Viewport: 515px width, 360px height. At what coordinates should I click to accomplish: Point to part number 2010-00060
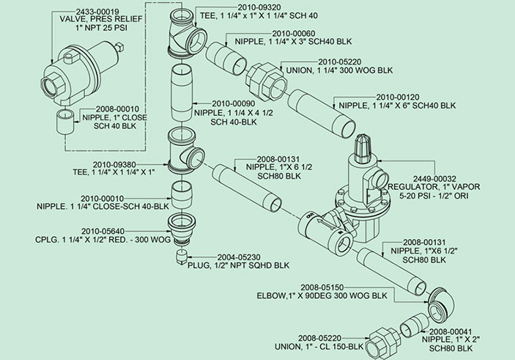(x=294, y=33)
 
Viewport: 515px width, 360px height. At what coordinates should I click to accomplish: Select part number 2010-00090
(x=233, y=103)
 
